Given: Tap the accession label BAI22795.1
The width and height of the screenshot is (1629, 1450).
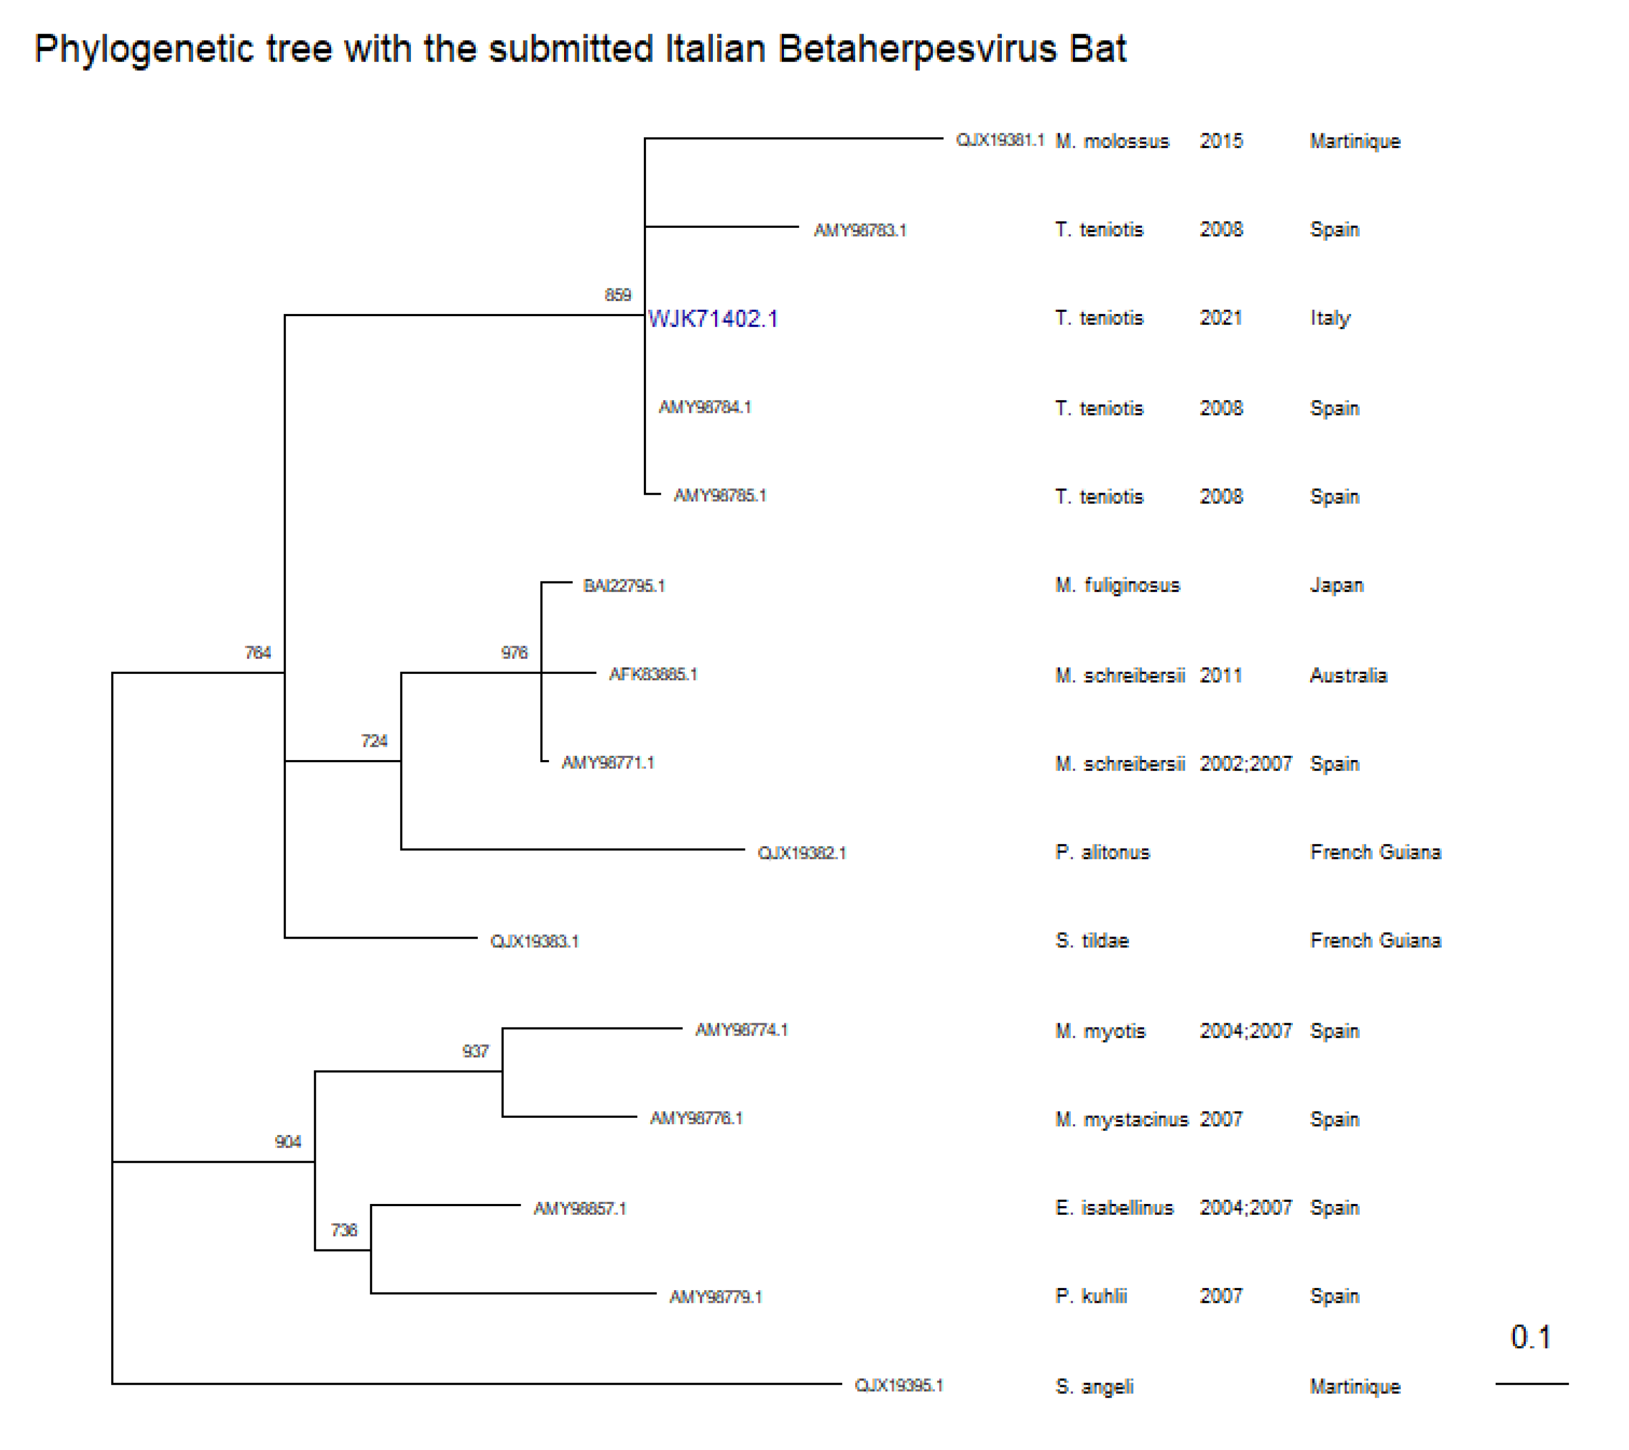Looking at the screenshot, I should point(623,586).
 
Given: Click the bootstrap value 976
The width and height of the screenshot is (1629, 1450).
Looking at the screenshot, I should point(514,653).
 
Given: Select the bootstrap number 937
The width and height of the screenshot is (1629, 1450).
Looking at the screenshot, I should point(475,1051).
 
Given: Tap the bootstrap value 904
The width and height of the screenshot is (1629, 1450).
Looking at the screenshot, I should point(288,1142).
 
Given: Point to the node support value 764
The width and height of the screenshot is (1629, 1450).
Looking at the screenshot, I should point(257,653).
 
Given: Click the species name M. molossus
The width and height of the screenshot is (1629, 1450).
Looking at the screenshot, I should point(1112,141).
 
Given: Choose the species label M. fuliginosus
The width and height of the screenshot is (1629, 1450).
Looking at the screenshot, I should point(1117,586).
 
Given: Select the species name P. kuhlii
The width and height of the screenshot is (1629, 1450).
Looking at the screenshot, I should point(1091,1296).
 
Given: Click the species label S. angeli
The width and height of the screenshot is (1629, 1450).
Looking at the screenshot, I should point(1094,1386).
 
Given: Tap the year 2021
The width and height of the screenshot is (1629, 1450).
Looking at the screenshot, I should point(1220,318).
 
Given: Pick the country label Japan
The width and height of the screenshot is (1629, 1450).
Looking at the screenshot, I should point(1336,586).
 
